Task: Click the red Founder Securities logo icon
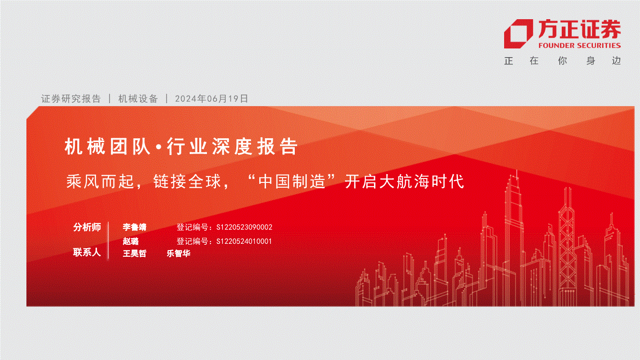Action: (x=518, y=34)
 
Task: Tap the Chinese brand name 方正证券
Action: (x=580, y=29)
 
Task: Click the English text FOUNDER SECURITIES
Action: (x=580, y=46)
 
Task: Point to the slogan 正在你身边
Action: (x=563, y=61)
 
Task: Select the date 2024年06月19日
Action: (x=211, y=99)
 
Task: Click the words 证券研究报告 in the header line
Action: (x=71, y=99)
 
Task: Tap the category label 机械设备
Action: (x=138, y=99)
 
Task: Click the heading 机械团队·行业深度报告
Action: (x=181, y=146)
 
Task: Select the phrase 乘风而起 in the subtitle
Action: (x=100, y=181)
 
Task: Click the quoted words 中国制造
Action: (x=292, y=181)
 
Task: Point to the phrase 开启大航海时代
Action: (x=404, y=181)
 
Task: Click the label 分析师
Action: (x=87, y=227)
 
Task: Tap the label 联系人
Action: (x=87, y=252)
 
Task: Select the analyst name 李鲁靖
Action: (x=134, y=227)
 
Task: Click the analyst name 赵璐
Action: (x=131, y=241)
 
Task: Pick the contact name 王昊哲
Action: (x=134, y=253)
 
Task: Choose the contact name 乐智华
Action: (x=179, y=253)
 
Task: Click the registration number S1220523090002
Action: (x=244, y=228)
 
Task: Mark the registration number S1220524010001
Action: (x=244, y=241)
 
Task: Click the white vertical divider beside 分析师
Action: (x=109, y=240)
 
